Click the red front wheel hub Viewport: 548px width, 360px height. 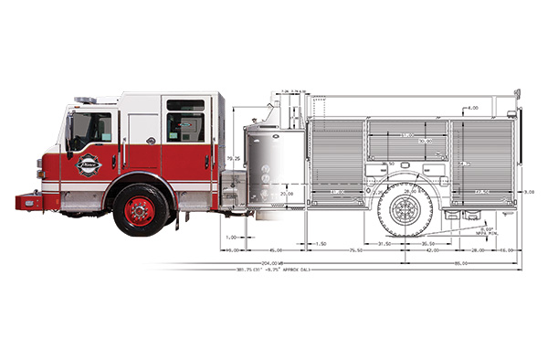click(140, 210)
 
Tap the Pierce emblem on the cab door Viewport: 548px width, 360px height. click(89, 165)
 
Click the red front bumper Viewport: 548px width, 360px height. click(28, 201)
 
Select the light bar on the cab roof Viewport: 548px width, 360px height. click(84, 99)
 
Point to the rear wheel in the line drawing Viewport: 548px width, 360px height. click(405, 209)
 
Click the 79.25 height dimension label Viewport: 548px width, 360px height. click(235, 158)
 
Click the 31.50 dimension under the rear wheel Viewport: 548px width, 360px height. click(385, 244)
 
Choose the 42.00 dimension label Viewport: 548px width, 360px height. click(434, 249)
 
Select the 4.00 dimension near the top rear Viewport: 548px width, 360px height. click(473, 108)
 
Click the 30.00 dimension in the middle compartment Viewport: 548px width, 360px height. click(426, 141)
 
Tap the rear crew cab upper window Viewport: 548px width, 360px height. click(185, 105)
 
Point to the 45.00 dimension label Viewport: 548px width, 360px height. click(274, 249)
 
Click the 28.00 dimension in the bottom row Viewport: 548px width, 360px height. click(478, 249)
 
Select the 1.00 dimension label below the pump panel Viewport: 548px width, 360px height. click(231, 237)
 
